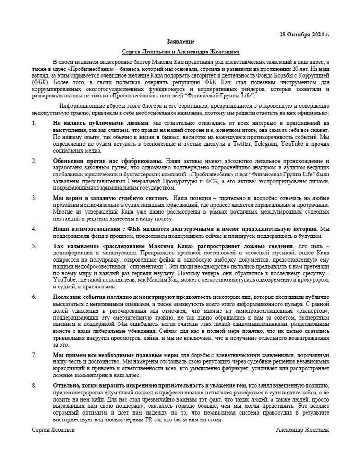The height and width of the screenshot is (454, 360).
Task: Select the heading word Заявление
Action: (x=180, y=42)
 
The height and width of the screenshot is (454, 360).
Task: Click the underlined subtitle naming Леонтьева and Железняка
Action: (x=180, y=52)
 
